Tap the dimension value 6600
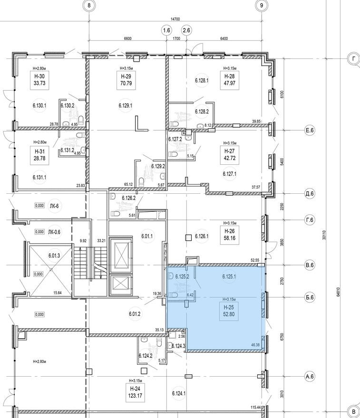pyautogui.click(x=127, y=38)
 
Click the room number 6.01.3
pyautogui.click(x=56, y=256)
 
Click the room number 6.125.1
pyautogui.click(x=229, y=276)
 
